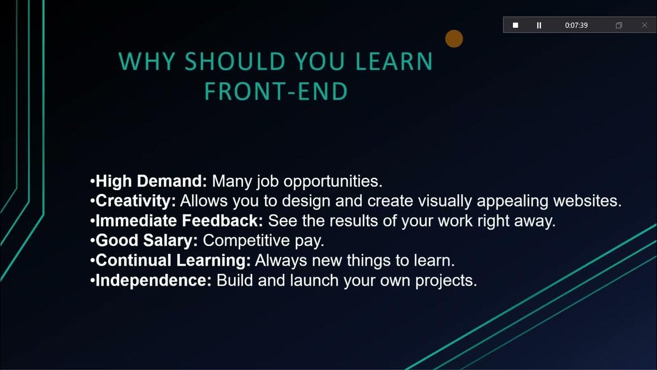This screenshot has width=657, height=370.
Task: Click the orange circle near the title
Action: pos(454,39)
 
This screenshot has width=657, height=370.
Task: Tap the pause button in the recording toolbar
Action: pos(539,25)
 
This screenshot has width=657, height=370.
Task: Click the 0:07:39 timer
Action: pos(576,25)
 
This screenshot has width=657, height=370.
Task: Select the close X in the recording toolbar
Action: pos(645,25)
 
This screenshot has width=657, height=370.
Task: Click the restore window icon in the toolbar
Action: pos(619,25)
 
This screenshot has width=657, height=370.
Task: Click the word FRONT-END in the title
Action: pos(276,92)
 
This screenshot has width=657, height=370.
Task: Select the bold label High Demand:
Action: pos(151,181)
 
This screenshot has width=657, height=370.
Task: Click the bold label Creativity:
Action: pos(136,201)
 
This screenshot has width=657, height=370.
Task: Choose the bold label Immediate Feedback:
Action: pos(179,221)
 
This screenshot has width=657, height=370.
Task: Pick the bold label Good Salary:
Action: pos(147,240)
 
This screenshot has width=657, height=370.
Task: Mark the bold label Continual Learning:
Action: pos(173,261)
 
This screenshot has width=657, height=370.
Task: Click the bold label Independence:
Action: pos(153,281)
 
